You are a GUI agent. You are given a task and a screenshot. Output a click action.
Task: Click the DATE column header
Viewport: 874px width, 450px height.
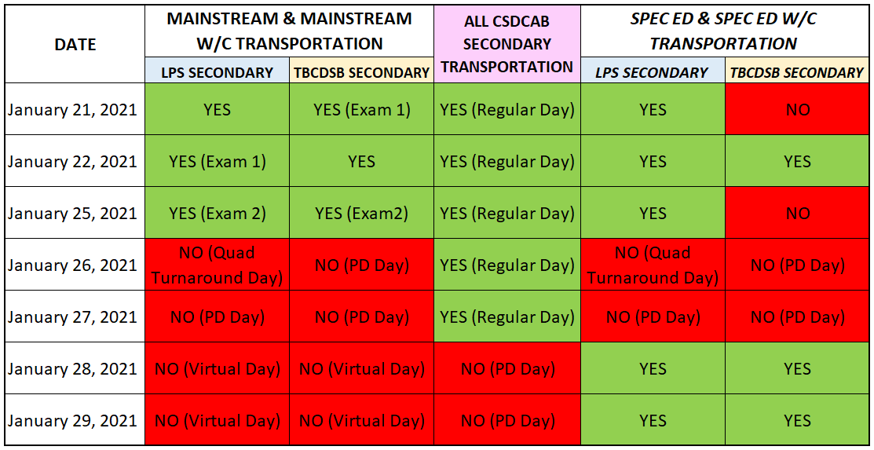75,45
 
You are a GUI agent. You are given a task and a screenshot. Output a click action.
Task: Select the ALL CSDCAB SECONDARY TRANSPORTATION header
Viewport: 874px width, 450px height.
506,44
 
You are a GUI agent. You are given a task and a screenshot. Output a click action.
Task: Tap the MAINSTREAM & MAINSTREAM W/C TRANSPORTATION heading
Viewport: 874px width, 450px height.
289,31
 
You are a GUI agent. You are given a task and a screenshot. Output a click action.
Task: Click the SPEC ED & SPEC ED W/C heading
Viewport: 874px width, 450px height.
723,31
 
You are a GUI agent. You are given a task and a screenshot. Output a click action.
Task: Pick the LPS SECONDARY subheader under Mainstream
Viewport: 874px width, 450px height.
218,72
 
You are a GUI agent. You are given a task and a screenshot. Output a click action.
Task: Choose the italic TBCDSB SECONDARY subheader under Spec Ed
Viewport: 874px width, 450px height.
797,72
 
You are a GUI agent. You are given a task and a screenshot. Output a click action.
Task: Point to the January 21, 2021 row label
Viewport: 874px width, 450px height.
72,109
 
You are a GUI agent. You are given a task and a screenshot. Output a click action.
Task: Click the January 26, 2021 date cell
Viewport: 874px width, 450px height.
72,265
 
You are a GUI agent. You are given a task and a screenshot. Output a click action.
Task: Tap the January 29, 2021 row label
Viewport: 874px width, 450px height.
72,420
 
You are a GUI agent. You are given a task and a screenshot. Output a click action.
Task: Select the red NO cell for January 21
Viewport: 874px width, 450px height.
798,109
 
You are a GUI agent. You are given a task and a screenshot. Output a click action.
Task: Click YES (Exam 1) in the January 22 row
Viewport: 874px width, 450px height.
218,161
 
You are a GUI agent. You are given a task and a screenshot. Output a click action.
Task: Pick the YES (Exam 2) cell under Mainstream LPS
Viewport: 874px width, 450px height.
218,213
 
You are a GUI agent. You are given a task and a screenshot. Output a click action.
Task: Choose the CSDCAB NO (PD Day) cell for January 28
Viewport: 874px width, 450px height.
507,368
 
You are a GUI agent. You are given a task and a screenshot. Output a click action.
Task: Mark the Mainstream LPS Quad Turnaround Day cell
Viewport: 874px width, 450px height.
218,265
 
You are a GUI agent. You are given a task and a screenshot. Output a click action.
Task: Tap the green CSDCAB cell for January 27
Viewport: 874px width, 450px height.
507,316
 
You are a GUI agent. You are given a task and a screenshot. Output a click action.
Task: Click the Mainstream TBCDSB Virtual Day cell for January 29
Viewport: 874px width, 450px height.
362,420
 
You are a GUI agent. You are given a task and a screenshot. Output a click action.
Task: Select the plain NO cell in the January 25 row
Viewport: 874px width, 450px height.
798,213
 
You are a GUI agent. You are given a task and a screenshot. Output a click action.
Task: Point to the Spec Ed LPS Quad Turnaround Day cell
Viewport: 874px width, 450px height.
653,265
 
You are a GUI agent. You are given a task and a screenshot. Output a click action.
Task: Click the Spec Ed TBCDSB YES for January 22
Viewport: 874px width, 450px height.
798,161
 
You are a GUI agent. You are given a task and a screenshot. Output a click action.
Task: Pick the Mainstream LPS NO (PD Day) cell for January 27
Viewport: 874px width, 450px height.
218,316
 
